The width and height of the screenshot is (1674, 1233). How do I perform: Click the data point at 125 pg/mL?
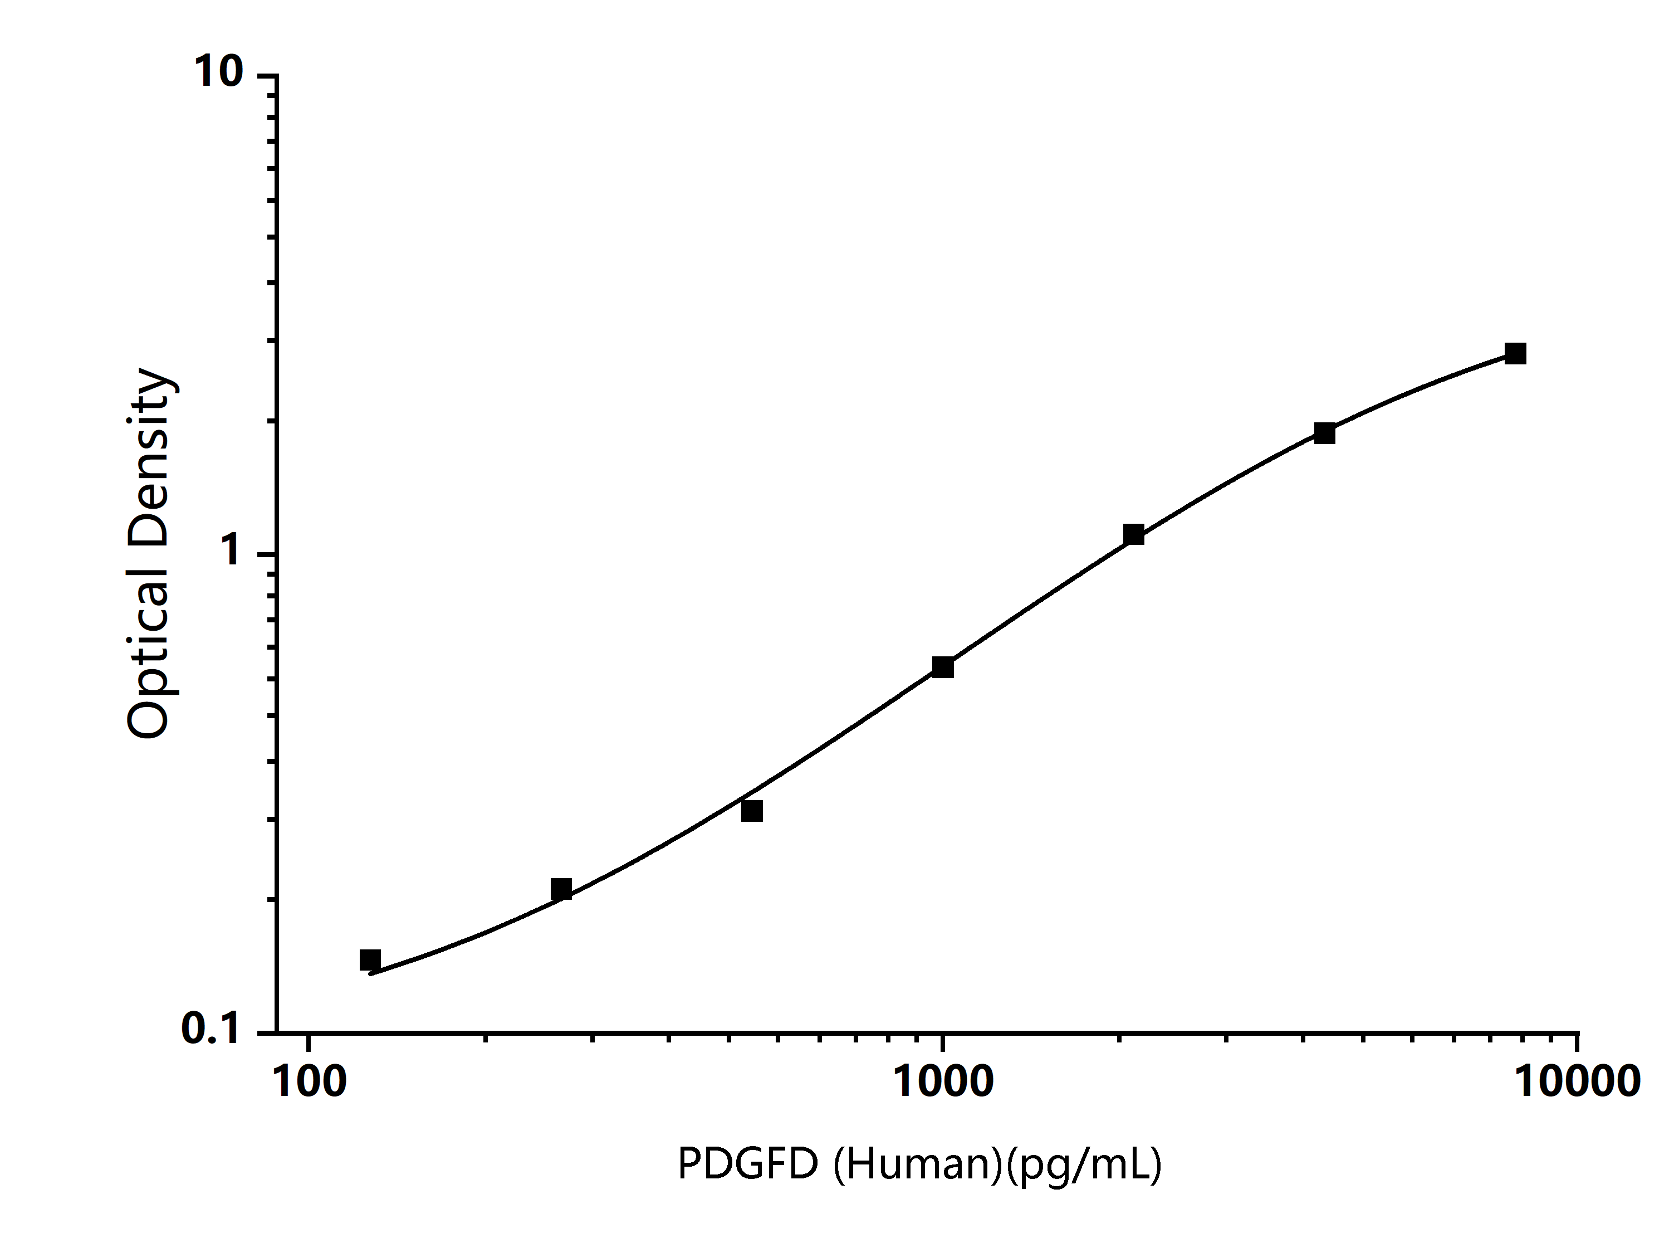370,960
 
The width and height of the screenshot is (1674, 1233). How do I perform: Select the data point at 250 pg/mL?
561,889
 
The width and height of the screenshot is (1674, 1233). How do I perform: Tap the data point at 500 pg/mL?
752,811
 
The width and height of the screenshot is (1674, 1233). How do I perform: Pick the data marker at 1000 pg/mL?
943,667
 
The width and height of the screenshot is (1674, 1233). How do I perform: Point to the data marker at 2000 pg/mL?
1134,534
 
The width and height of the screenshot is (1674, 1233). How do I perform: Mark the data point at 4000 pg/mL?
1325,433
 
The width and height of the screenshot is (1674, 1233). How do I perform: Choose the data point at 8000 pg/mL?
1516,353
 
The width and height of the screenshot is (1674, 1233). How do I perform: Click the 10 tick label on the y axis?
219,72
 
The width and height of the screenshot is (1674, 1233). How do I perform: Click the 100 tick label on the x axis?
310,1082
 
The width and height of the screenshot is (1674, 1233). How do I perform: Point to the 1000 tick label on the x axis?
944,1082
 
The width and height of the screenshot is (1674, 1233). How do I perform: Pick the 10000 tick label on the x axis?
1577,1082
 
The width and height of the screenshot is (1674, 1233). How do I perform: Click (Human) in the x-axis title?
918,1164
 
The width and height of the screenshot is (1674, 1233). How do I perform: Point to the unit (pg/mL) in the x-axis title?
1083,1164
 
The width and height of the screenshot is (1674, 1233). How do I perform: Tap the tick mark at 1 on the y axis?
267,554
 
